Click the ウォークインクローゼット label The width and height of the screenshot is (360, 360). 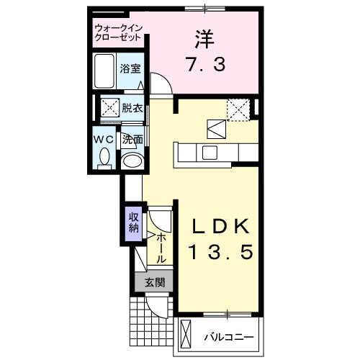click(120, 33)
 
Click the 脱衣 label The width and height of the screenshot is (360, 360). click(132, 109)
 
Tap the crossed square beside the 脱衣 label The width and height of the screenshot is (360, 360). click(109, 109)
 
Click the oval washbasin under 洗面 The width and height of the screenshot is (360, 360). click(131, 160)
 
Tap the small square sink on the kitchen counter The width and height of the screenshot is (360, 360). click(210, 153)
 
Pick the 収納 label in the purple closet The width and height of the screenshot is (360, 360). click(133, 222)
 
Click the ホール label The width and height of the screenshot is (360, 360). click(161, 247)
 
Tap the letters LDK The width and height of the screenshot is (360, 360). click(220, 226)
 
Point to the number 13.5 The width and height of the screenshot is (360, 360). click(220, 253)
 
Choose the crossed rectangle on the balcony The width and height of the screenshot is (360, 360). click(186, 336)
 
